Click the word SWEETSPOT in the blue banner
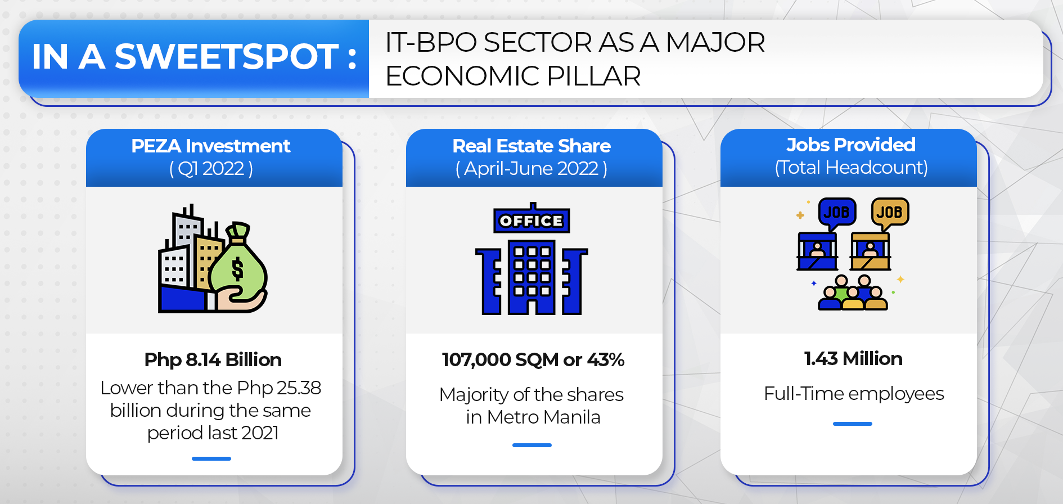click(x=227, y=57)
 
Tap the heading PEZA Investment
click(x=211, y=146)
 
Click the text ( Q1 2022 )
click(x=211, y=169)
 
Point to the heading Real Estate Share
click(x=531, y=146)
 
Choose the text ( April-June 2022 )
click(x=531, y=169)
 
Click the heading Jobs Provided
click(x=850, y=145)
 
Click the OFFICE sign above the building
click(x=531, y=221)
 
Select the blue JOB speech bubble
click(x=836, y=213)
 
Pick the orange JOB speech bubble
click(x=889, y=213)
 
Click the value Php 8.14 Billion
click(x=213, y=360)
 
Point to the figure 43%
click(x=606, y=360)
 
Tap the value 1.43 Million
click(x=853, y=359)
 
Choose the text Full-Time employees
click(x=853, y=394)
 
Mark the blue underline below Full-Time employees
click(x=852, y=424)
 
